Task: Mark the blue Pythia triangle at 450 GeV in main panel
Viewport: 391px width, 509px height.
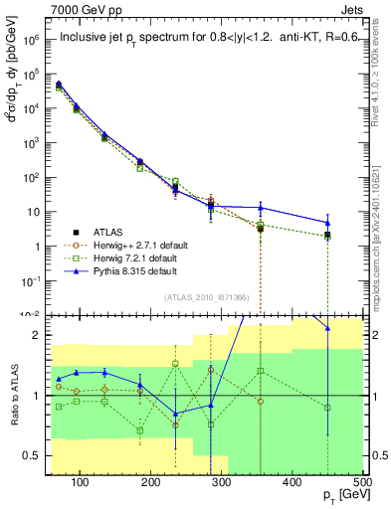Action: click(x=327, y=223)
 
